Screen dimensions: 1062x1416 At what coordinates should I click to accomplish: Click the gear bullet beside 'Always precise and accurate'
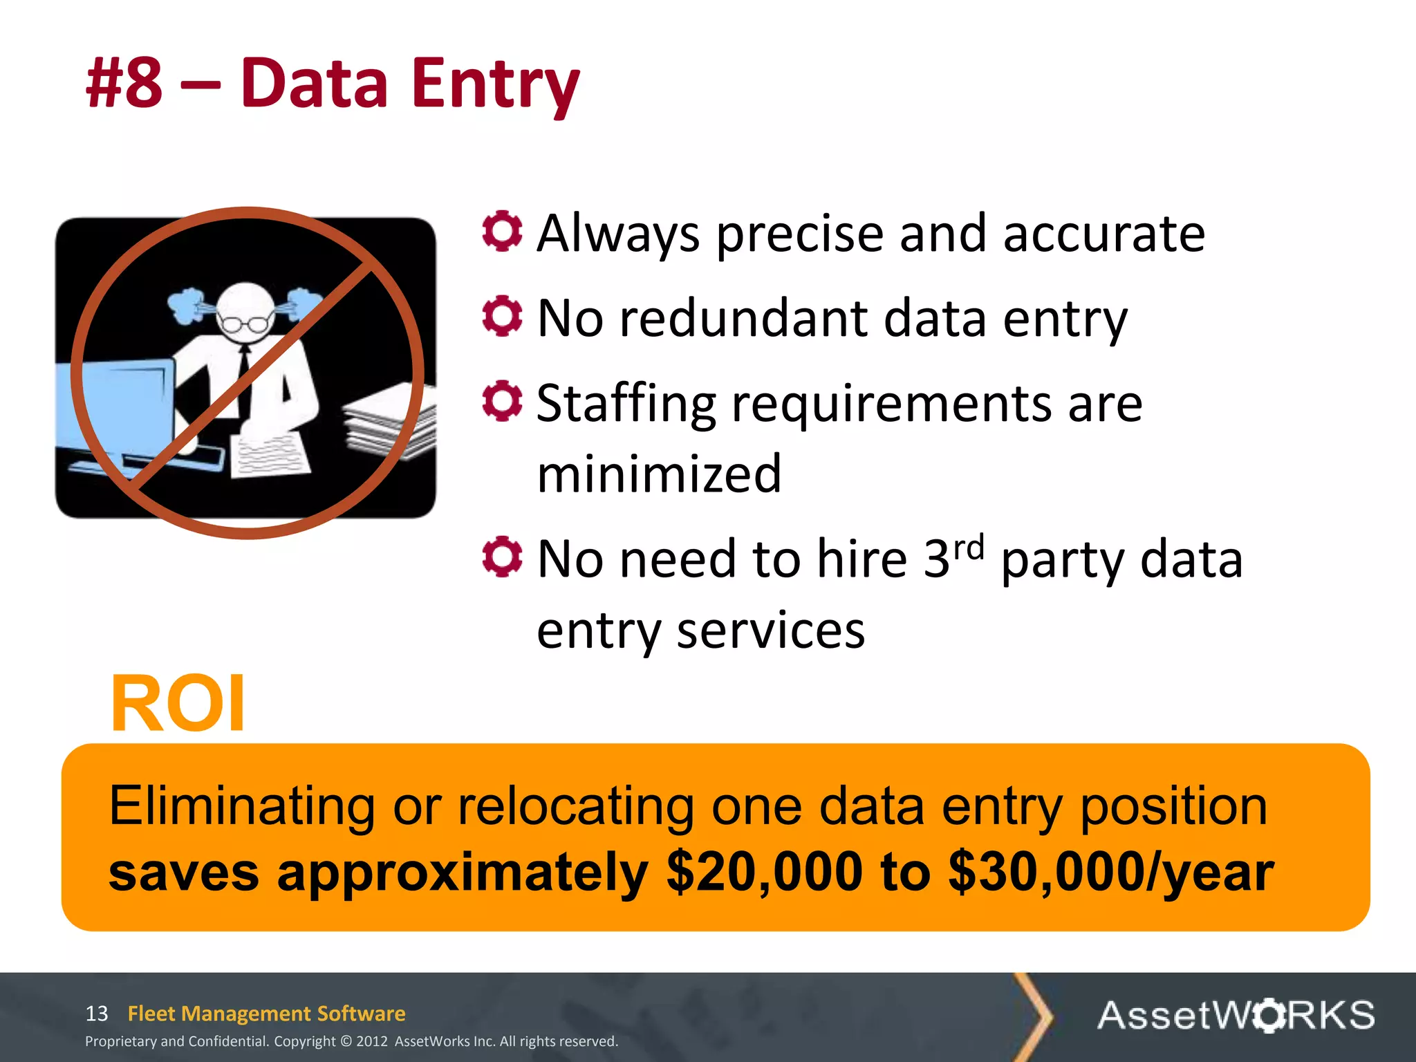click(502, 231)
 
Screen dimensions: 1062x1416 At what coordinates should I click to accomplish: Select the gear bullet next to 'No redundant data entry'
click(502, 317)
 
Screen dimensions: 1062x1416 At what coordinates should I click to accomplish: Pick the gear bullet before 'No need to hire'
click(502, 557)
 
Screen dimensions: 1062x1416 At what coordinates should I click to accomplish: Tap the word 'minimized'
click(659, 474)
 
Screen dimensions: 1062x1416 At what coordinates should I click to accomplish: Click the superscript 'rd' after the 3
click(968, 548)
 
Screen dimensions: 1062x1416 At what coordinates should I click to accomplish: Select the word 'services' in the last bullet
click(770, 631)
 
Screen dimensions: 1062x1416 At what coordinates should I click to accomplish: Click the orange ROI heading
click(178, 704)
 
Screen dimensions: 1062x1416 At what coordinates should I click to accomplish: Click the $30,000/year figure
click(1111, 873)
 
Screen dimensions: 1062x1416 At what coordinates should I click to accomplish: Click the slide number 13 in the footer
click(97, 1014)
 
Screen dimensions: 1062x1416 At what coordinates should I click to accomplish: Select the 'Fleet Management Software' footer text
click(267, 1014)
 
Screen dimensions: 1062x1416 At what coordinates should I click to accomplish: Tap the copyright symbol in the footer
click(346, 1041)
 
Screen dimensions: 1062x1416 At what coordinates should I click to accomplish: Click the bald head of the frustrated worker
click(246, 304)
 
